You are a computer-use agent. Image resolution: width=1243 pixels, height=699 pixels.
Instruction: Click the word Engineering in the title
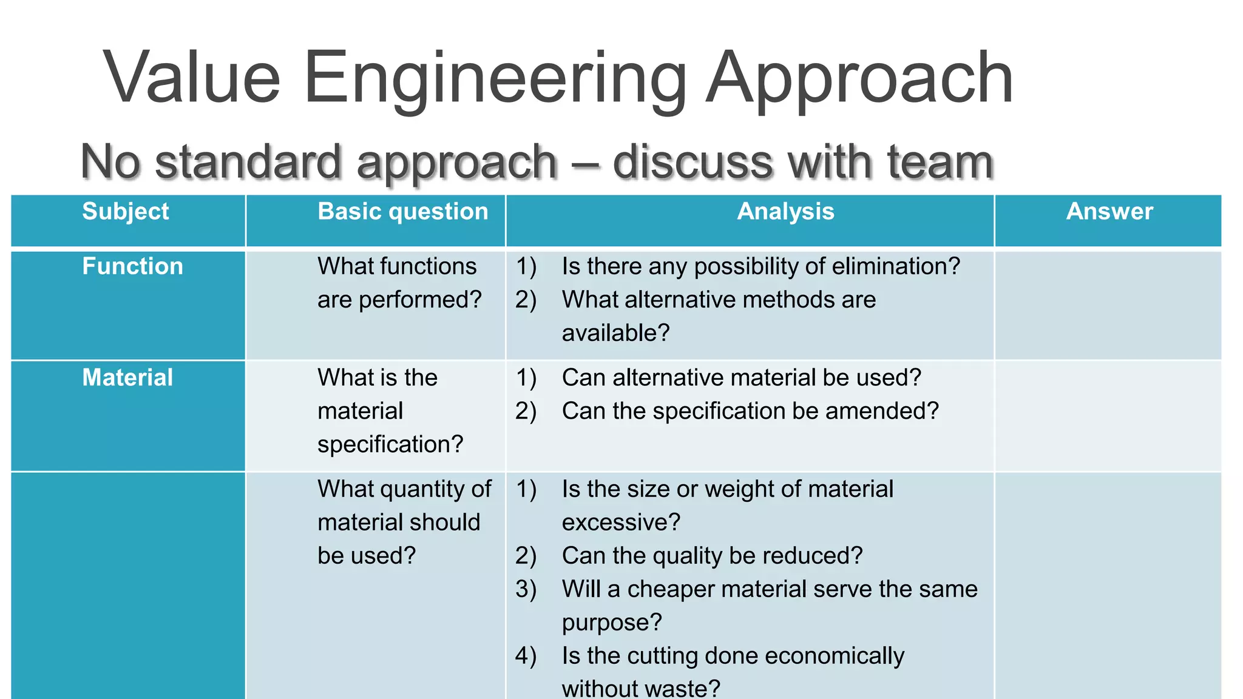pyautogui.click(x=495, y=79)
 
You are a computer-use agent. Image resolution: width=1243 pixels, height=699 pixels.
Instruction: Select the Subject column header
pyautogui.click(x=126, y=211)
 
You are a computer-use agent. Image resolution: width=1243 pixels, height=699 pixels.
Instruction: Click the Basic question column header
pyautogui.click(x=402, y=211)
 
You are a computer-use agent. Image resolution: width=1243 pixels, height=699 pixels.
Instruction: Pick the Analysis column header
pyautogui.click(x=785, y=211)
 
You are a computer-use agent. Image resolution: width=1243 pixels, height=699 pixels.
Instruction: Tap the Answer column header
pyautogui.click(x=1109, y=211)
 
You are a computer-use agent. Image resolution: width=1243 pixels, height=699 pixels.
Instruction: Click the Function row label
pyautogui.click(x=132, y=266)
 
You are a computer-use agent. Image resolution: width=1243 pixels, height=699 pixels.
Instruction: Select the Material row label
pyautogui.click(x=127, y=377)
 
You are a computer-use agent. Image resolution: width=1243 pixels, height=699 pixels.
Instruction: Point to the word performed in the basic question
pyautogui.click(x=419, y=300)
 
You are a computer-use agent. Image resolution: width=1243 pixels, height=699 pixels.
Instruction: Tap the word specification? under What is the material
pyautogui.click(x=390, y=444)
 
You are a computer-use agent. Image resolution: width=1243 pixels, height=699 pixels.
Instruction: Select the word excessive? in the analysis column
pyautogui.click(x=621, y=522)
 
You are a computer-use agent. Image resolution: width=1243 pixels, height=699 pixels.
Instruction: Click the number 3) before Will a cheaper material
pyautogui.click(x=526, y=589)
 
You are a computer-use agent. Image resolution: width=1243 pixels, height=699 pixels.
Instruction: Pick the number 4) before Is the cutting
pyautogui.click(x=526, y=656)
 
